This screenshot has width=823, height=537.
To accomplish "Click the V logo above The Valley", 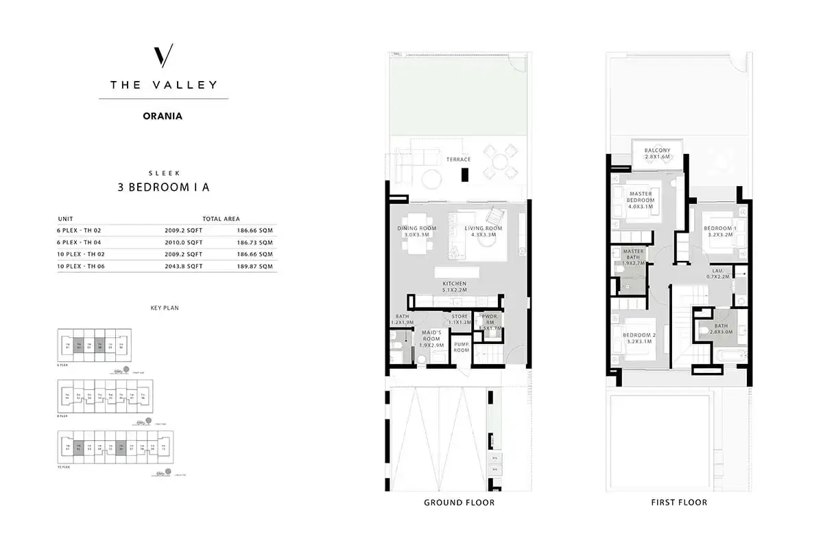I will point(163,55).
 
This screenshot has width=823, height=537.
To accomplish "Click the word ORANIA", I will point(163,116).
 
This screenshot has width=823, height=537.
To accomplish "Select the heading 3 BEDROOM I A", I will point(163,186).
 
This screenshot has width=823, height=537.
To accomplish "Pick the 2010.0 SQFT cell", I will point(185,242).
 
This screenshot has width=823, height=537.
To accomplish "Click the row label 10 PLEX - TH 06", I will point(79,266).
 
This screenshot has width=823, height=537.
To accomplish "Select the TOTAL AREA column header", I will point(221,218).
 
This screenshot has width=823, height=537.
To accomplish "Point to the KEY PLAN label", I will point(164,308).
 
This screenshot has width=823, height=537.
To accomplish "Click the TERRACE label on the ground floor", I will point(458,159).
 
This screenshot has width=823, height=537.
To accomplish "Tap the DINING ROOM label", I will point(416,231).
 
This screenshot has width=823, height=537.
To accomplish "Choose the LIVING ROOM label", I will point(484,231).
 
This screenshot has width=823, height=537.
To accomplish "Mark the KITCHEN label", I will point(454,287).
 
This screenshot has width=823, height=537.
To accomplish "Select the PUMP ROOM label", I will point(462,347).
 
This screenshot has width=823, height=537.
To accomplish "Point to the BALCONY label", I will point(657,154).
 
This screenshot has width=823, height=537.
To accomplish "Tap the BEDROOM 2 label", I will point(640,338).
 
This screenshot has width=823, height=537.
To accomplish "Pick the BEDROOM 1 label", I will point(719,231).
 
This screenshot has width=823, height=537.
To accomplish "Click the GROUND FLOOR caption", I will point(459,503).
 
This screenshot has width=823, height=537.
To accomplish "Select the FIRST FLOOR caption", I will point(679,503).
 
